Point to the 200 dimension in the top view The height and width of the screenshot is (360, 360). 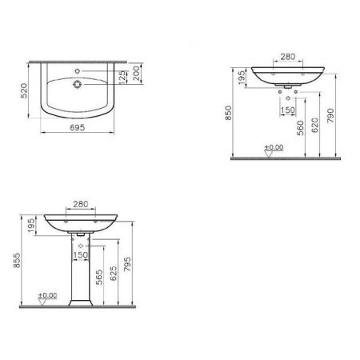[x=138, y=74]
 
